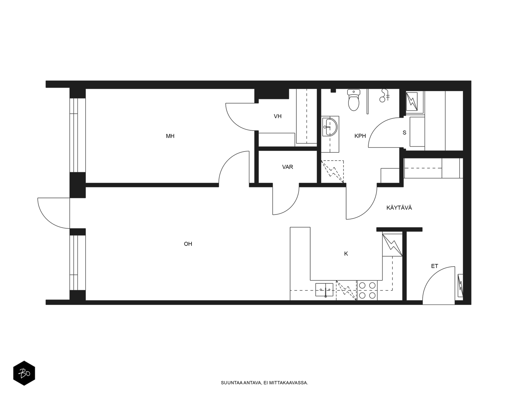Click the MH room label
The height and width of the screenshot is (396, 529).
(x=170, y=136)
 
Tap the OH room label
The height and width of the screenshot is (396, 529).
(x=188, y=244)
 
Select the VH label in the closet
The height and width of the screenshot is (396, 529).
(x=278, y=116)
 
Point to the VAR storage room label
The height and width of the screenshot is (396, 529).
(x=288, y=167)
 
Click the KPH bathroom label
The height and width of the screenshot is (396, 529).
(x=360, y=136)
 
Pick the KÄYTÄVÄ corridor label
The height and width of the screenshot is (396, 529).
(x=399, y=208)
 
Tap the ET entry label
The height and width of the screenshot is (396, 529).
(x=434, y=266)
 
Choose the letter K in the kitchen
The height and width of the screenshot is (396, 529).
(x=346, y=254)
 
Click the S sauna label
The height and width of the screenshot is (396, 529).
(x=404, y=132)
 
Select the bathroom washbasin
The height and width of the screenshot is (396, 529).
(x=330, y=127)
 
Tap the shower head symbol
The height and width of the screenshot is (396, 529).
(x=384, y=95)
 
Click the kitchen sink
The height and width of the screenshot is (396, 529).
(x=324, y=290)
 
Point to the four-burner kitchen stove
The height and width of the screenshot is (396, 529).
(x=367, y=290)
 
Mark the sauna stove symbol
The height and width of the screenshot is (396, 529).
(x=412, y=101)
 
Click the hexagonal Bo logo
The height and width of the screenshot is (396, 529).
(x=24, y=373)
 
